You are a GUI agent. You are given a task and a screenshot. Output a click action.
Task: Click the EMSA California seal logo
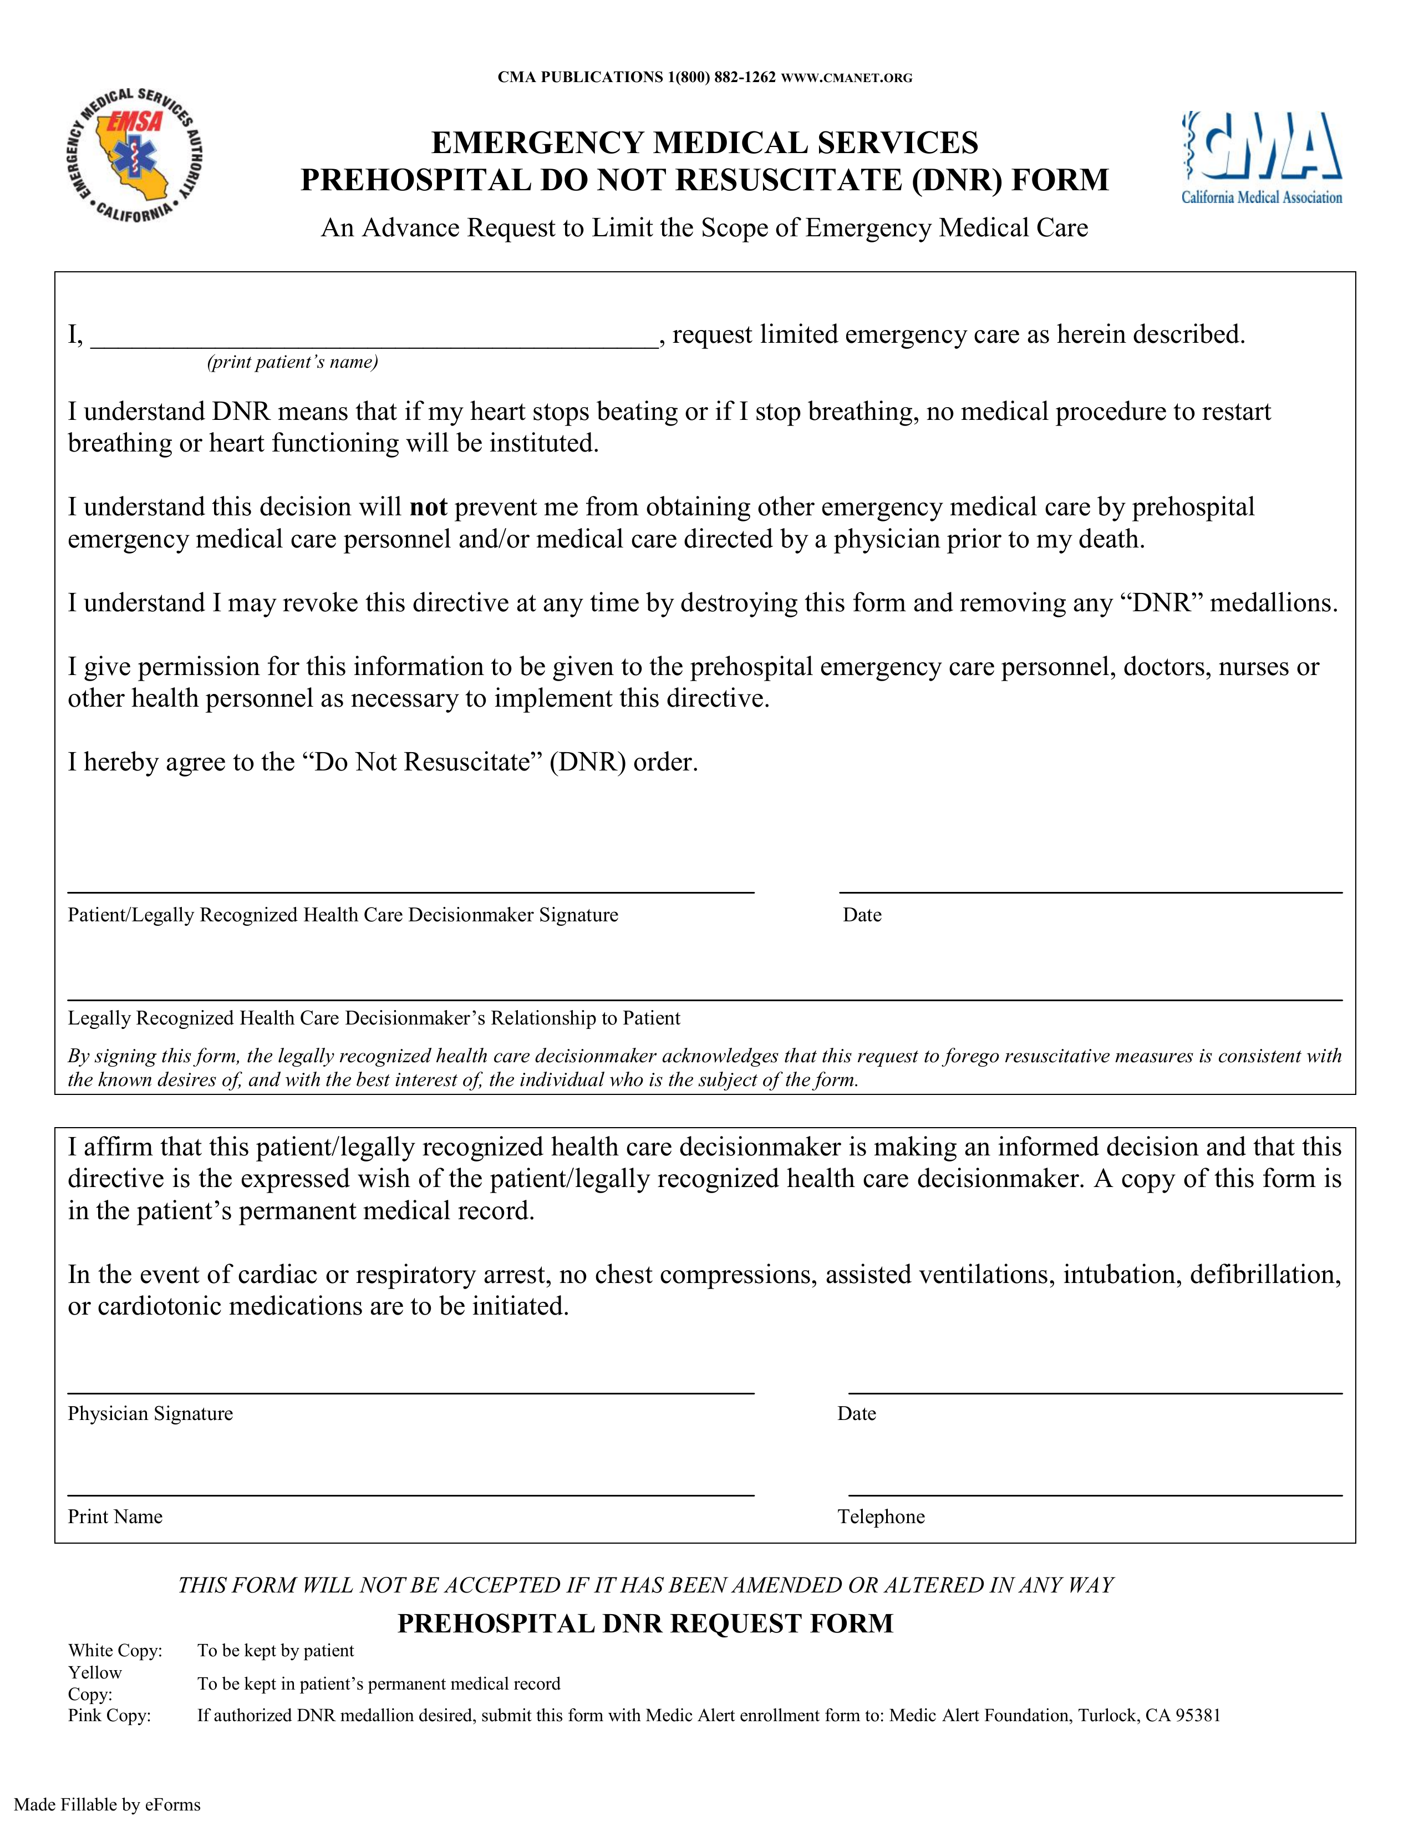[x=134, y=155]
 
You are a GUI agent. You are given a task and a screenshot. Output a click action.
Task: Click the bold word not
[x=428, y=507]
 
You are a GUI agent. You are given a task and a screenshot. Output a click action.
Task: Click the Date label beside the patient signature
[x=862, y=915]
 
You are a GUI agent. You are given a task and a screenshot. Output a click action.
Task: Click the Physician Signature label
[x=150, y=1413]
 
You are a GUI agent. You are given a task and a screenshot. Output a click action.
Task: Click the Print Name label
[x=115, y=1516]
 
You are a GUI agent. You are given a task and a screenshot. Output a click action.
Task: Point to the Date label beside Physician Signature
[x=856, y=1413]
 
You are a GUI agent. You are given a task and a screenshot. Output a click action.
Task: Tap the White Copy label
[x=115, y=1650]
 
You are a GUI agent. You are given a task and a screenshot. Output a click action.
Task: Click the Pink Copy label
[x=109, y=1715]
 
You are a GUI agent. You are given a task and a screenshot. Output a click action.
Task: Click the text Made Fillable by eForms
[x=107, y=1804]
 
